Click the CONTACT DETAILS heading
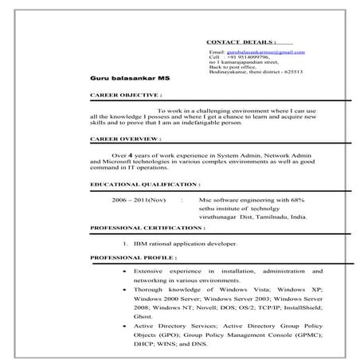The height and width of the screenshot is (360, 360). pos(241,40)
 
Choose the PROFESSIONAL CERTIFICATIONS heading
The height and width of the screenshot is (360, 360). pos(147,228)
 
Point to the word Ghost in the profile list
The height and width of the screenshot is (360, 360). pos(143,316)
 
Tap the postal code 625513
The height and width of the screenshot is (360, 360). pos(292,72)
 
